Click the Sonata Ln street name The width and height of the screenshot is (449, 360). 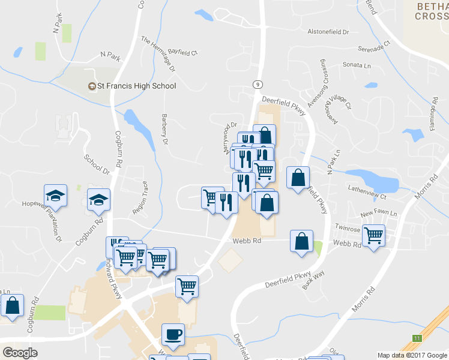(x=356, y=64)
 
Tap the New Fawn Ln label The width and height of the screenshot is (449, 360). (x=379, y=213)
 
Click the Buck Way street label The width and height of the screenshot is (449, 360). (x=313, y=280)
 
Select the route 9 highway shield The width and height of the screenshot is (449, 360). (x=257, y=85)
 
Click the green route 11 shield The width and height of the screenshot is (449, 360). (x=417, y=338)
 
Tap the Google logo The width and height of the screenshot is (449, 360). (x=20, y=352)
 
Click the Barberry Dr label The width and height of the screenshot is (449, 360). (x=164, y=129)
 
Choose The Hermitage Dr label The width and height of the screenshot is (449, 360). (x=158, y=54)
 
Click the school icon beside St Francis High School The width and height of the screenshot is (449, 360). (x=92, y=86)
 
